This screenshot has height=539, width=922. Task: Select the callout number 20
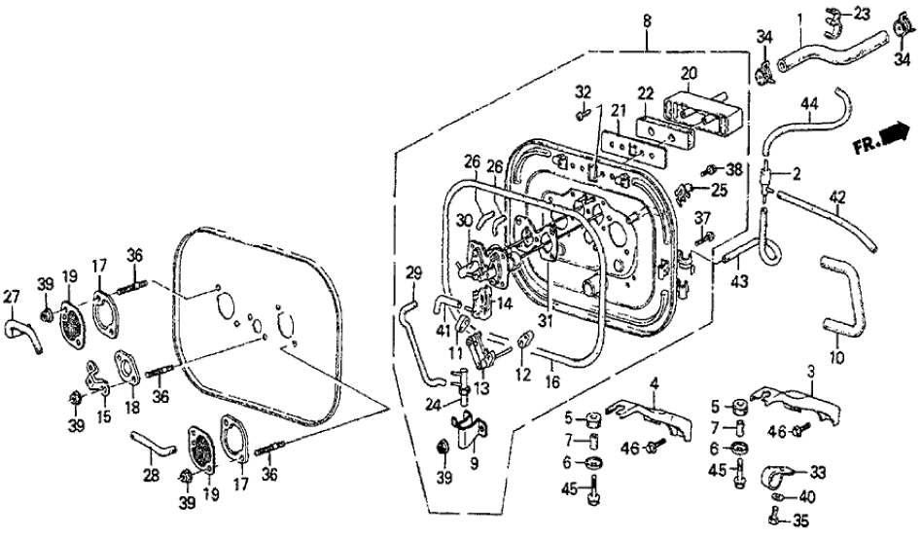pyautogui.click(x=689, y=73)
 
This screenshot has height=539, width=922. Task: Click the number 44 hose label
pyautogui.click(x=809, y=103)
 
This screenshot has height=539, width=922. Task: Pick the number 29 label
pyautogui.click(x=412, y=270)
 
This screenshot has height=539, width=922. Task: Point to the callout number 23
pyautogui.click(x=863, y=14)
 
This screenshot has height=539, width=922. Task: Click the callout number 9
pyautogui.click(x=474, y=464)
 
